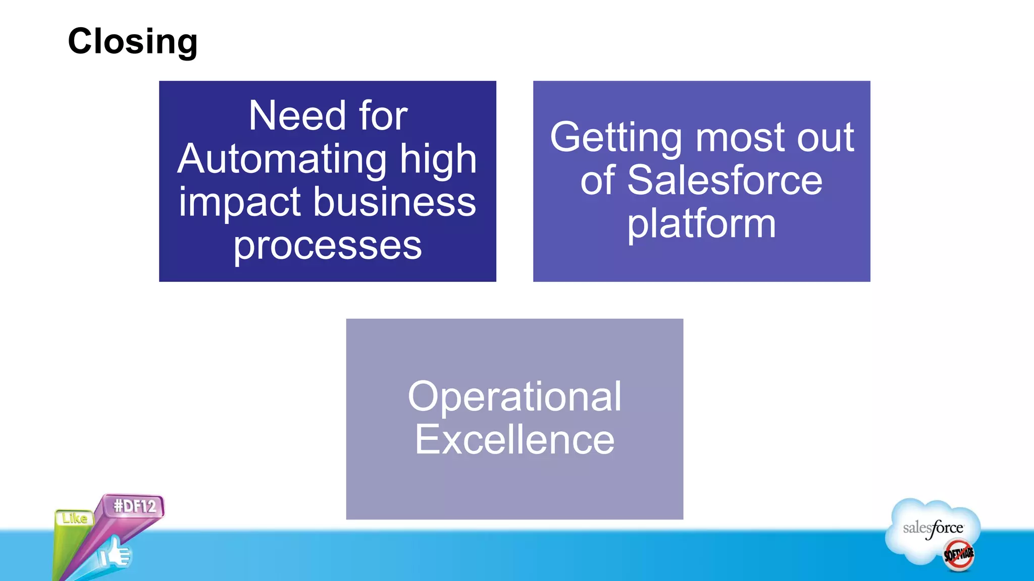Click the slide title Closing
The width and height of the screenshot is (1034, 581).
(x=132, y=42)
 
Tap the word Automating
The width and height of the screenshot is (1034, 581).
(x=282, y=159)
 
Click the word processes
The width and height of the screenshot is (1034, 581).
(x=327, y=246)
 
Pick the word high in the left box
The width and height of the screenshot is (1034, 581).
(x=438, y=159)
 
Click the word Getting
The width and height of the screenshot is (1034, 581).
(x=615, y=138)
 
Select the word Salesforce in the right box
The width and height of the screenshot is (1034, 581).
(x=725, y=181)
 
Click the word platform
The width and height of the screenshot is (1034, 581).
(x=701, y=224)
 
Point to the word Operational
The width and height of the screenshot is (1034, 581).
(x=514, y=396)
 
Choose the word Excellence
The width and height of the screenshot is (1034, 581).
(x=514, y=440)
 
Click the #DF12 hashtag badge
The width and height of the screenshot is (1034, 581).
(x=135, y=505)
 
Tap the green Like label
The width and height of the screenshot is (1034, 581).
(x=75, y=518)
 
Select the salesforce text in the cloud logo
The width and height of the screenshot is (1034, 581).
(x=933, y=528)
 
